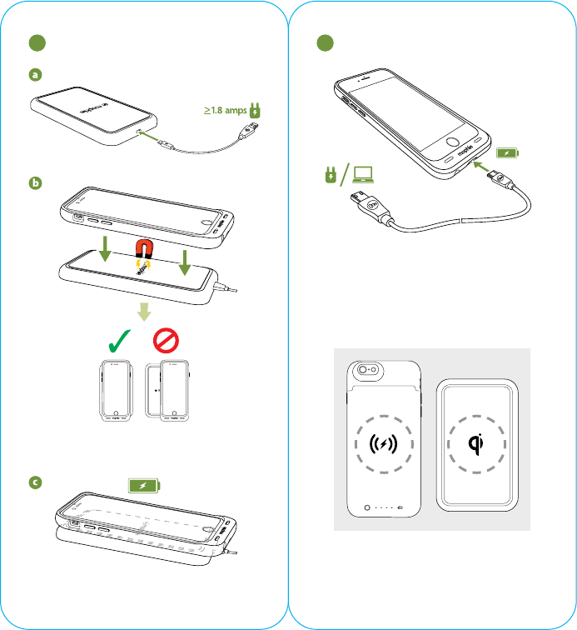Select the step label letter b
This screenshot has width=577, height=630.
pos(35,184)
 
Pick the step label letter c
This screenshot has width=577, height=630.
pos(35,482)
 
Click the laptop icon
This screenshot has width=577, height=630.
pos(363,174)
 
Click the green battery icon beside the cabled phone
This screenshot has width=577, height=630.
pos(507,153)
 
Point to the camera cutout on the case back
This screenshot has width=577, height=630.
pos(366,372)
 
